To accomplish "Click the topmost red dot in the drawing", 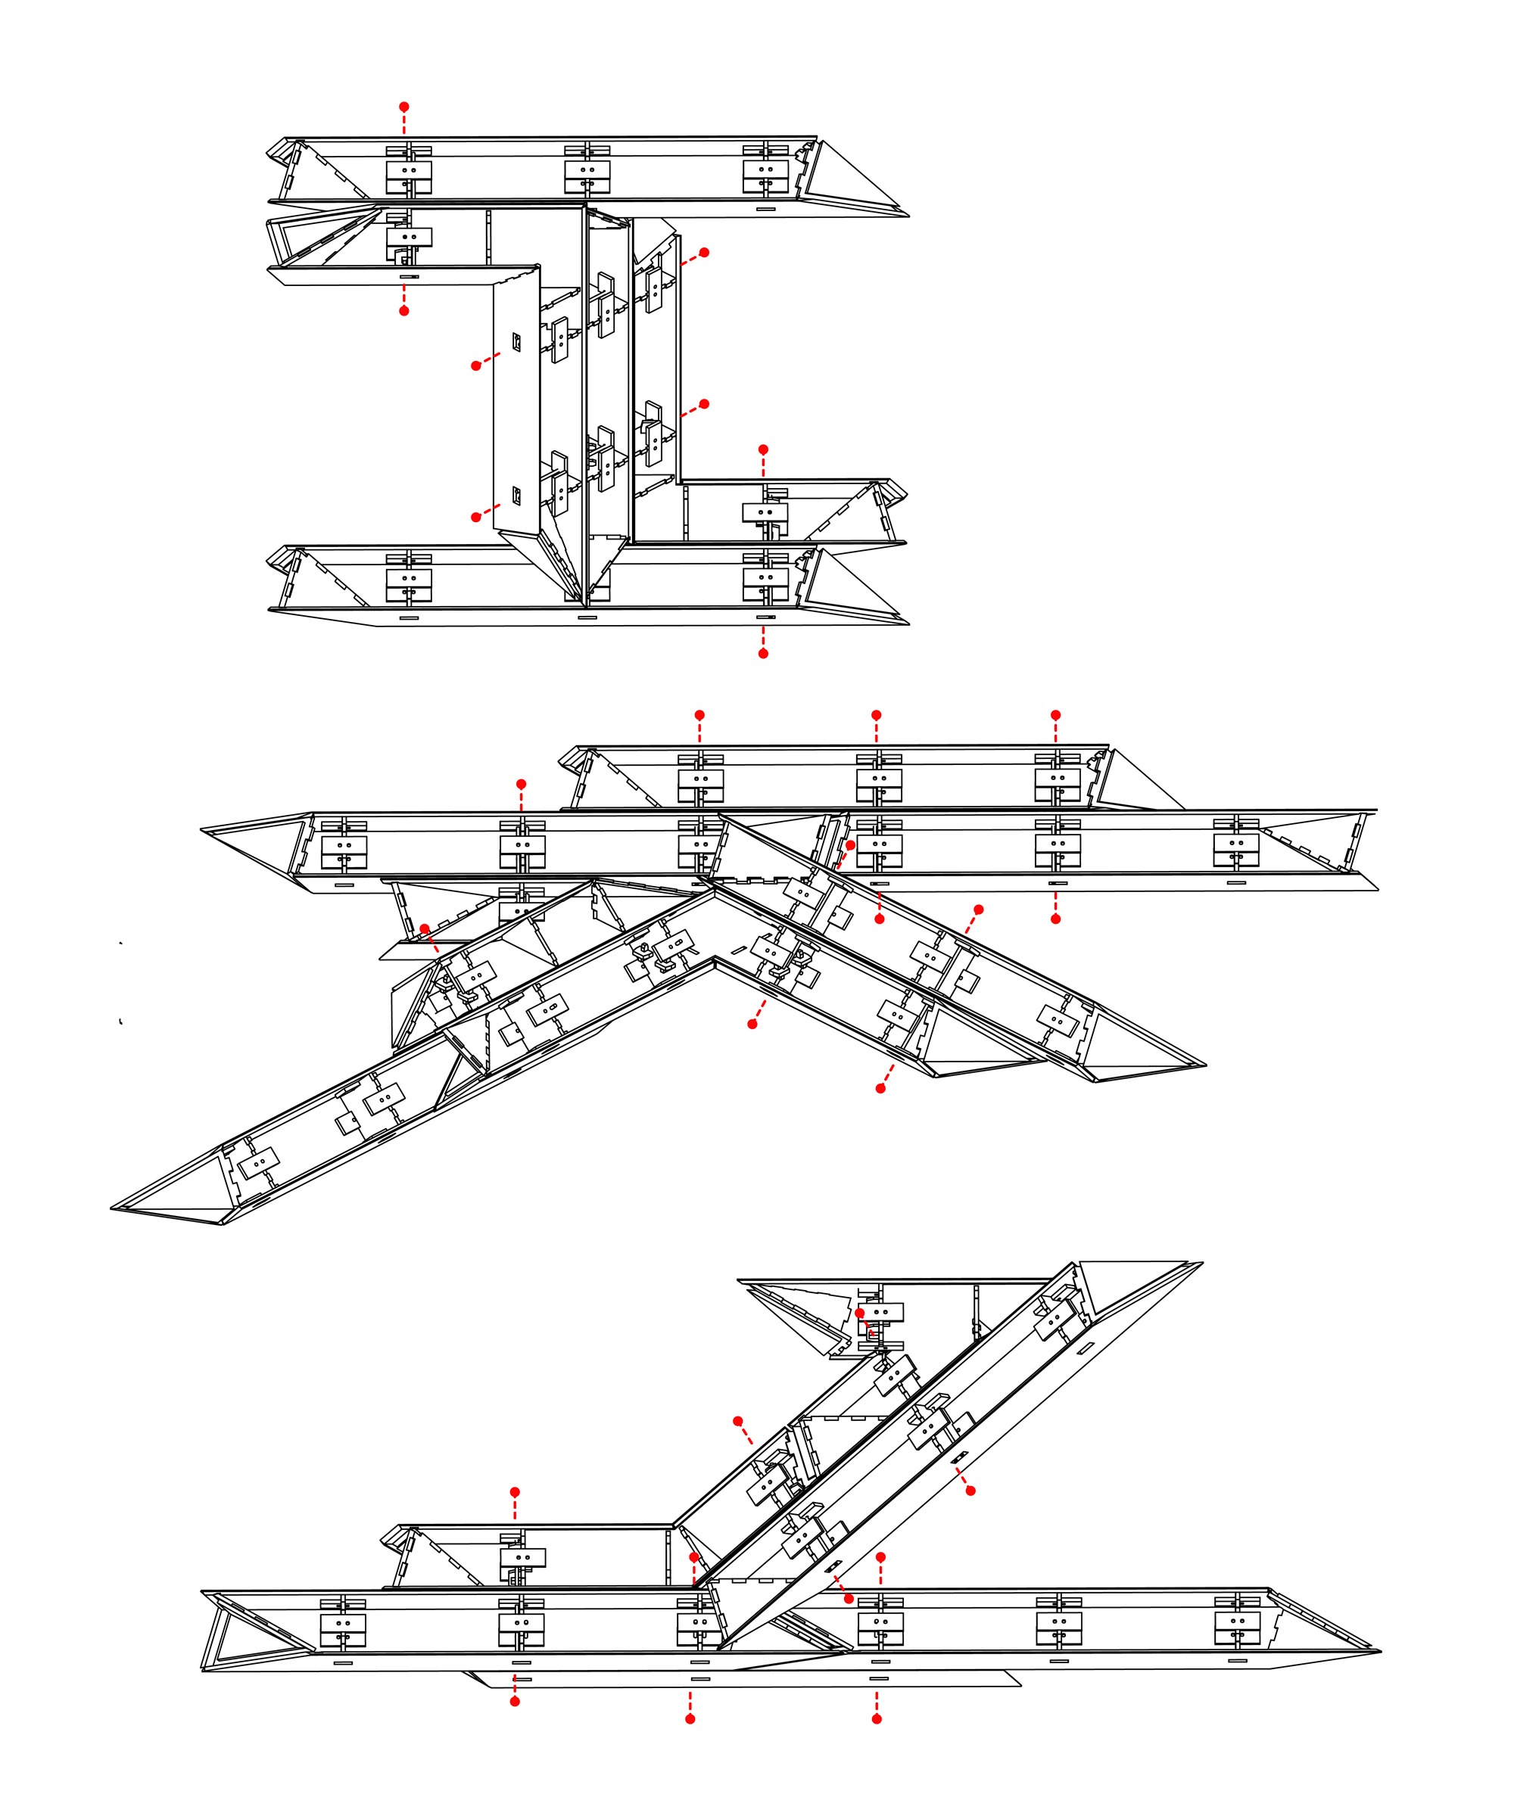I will (403, 107).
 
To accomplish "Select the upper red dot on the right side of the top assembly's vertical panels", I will (704, 252).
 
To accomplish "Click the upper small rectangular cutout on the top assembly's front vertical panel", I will (516, 342).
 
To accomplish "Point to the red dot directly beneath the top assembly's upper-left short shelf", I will (403, 310).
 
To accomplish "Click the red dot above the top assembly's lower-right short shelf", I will (762, 449).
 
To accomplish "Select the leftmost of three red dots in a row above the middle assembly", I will (699, 714).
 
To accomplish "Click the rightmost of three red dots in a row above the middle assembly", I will (1055, 714).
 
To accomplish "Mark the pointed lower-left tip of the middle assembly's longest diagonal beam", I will (114, 1208).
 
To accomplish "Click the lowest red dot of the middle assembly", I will (880, 1088).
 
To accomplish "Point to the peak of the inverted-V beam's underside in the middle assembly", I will (714, 958).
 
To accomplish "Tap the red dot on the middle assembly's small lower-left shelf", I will (425, 928).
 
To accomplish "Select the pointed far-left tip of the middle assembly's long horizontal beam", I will (202, 830).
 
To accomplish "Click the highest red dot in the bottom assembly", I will (859, 1312).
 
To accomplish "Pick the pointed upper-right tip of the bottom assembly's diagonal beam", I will (1201, 1263).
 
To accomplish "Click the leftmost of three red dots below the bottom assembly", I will (515, 1701).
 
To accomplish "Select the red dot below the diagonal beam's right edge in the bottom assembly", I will (970, 1491).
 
